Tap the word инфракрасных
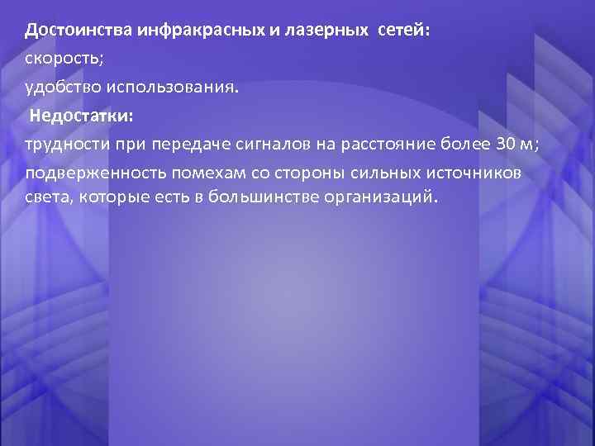187,31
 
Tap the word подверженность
85,173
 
